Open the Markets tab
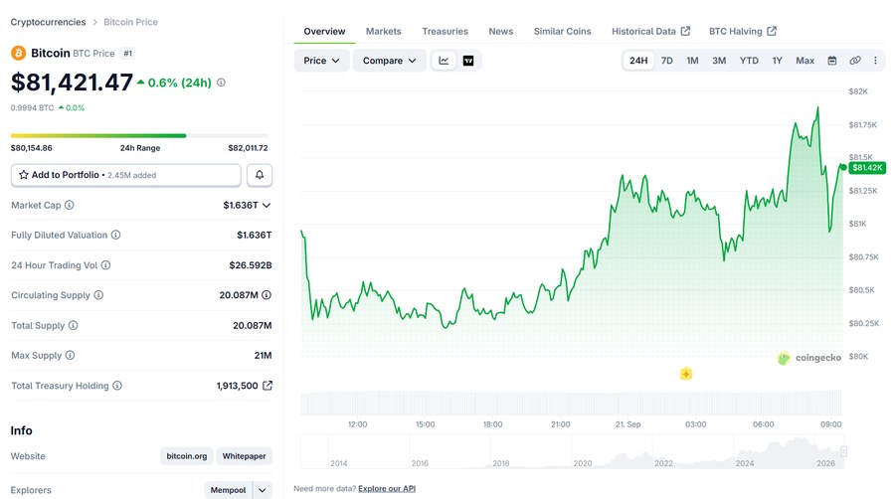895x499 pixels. click(x=383, y=32)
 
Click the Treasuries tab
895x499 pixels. click(x=445, y=32)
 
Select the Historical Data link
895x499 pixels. click(x=650, y=32)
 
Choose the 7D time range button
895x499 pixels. click(x=666, y=61)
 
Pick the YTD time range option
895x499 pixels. click(x=749, y=61)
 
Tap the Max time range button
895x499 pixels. click(x=805, y=61)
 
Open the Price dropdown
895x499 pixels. click(x=321, y=61)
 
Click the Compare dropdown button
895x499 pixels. click(x=389, y=61)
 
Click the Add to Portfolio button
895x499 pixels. click(x=126, y=175)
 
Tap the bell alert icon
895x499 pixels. click(x=260, y=175)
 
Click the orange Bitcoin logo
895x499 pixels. click(x=18, y=53)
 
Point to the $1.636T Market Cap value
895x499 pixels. click(x=241, y=205)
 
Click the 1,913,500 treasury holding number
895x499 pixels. click(x=237, y=386)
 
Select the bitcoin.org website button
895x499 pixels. click(x=187, y=456)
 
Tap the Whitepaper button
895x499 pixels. click(x=244, y=456)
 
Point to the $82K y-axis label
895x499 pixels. click(x=858, y=91)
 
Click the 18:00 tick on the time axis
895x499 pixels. click(x=492, y=424)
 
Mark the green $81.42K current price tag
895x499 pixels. click(x=867, y=168)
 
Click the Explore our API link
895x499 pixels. click(x=387, y=489)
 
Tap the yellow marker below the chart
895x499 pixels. click(x=686, y=374)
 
